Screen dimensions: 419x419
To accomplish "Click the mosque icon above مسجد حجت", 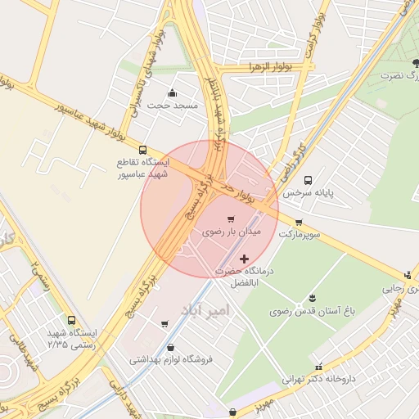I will (x=171, y=92).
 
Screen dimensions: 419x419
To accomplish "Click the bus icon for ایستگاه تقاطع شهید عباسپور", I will (x=144, y=151).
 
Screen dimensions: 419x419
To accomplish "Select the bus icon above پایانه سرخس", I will (x=309, y=180).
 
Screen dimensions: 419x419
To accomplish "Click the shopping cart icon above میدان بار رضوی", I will (x=231, y=219).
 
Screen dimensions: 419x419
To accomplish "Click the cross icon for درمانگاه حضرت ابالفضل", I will (x=244, y=259).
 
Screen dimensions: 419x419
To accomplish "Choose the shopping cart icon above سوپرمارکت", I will (x=299, y=222).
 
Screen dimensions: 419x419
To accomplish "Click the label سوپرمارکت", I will (x=299, y=235).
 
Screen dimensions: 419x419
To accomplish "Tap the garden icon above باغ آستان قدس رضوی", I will (x=312, y=298).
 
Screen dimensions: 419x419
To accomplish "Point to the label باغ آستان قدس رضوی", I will (x=311, y=312).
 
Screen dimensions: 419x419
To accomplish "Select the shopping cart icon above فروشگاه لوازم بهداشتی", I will (x=166, y=324).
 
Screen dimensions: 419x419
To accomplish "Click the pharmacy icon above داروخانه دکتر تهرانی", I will (x=318, y=366).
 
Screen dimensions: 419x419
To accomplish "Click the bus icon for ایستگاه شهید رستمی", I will (x=71, y=320).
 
